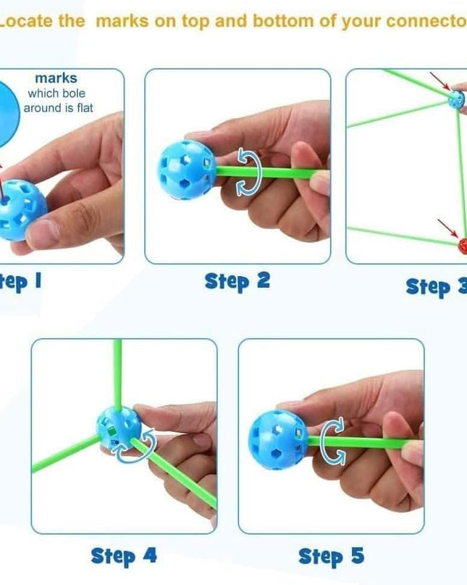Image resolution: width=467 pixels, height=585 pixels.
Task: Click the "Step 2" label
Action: pos(237,281)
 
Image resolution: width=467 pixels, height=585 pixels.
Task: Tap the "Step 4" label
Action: pos(123,556)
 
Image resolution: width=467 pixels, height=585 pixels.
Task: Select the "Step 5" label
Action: pos(331,556)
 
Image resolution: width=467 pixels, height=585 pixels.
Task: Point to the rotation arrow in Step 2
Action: pos(248,174)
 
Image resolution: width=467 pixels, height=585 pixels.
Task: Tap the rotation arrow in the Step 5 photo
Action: pos(334,440)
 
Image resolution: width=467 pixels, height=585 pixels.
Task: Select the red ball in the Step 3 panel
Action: pos(463,246)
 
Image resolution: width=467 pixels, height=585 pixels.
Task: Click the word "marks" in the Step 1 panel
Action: pos(56,78)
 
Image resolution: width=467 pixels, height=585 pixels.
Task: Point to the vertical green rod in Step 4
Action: pos(117,373)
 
